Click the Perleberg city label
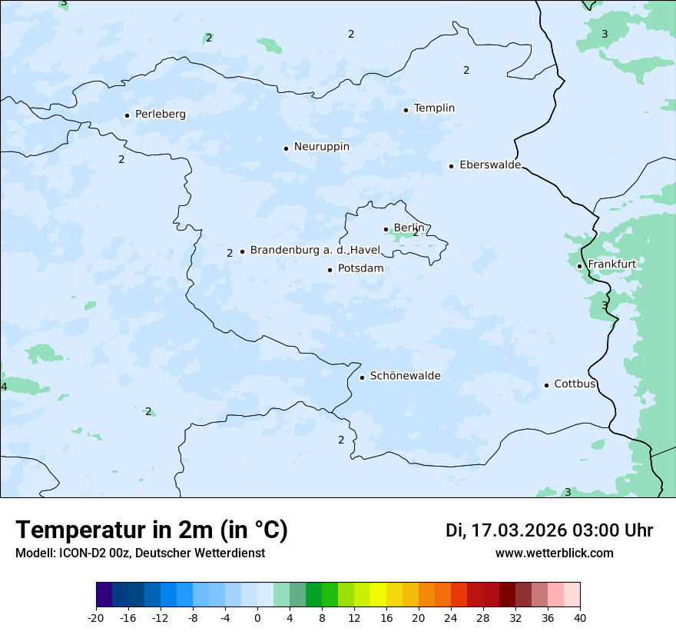pos(160,115)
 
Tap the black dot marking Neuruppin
pos(286,148)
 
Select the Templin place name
pos(434,108)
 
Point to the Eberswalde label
pos(489,165)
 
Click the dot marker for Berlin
pos(386,229)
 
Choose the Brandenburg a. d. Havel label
pos(315,251)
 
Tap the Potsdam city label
pos(360,269)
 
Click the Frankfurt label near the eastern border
pos(611,264)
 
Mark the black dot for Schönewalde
pos(362,377)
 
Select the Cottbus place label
pos(575,384)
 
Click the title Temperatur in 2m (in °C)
pos(151,530)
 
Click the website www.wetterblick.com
pos(554,553)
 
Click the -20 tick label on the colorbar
pos(96,618)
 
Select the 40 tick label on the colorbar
pos(580,618)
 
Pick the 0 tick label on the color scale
pos(257,618)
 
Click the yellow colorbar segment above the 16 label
pos(378,595)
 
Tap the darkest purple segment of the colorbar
pos(104,595)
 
